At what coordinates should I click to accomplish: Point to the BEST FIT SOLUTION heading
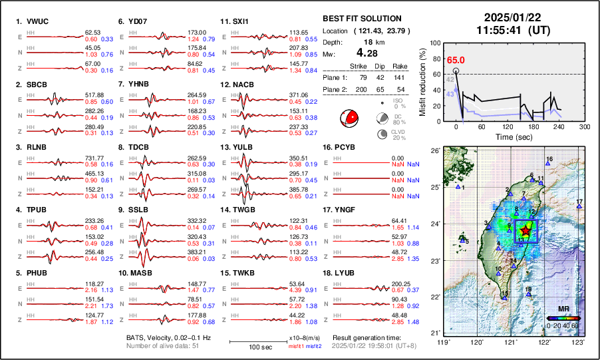point(361,19)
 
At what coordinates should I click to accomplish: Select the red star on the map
point(525,230)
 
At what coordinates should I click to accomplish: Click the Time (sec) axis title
point(510,136)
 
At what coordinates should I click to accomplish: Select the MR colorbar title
point(563,309)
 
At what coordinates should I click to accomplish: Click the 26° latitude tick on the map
point(434,151)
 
